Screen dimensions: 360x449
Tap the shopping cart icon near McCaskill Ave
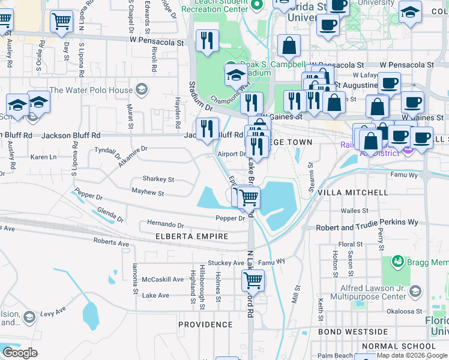(x=253, y=280)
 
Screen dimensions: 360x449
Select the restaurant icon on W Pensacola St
(x=207, y=41)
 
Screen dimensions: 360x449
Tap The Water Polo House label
(x=91, y=91)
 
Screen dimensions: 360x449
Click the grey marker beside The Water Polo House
(x=142, y=91)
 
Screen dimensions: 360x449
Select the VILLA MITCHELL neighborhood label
(x=352, y=193)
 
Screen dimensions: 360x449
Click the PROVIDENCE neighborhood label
(x=205, y=325)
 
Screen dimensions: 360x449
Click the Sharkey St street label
(x=158, y=179)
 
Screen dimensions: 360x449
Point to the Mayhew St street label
(x=148, y=193)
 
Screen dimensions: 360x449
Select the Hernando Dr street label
(x=165, y=224)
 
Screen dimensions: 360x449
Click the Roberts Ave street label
(x=111, y=243)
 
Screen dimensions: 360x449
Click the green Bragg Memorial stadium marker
(x=397, y=262)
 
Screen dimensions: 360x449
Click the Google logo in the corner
(x=19, y=353)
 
